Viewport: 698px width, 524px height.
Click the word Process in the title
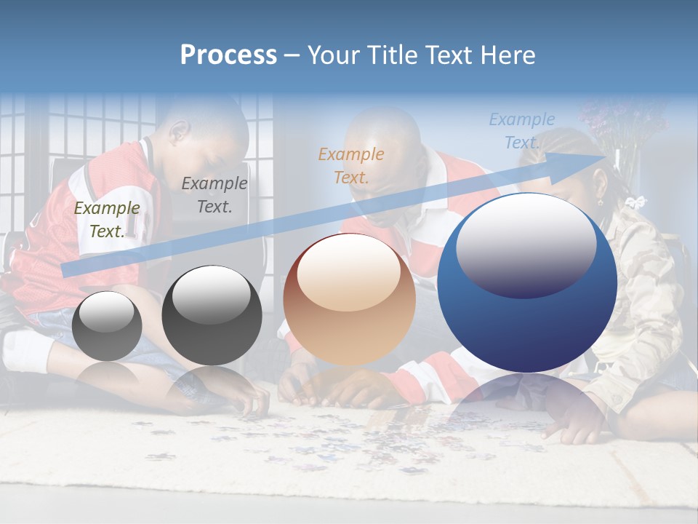tap(228, 55)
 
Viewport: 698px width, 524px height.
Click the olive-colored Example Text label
tap(107, 219)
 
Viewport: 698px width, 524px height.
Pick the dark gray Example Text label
tap(214, 194)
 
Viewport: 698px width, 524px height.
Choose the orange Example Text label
tap(351, 165)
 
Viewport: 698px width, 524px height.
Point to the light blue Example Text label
tap(521, 131)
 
